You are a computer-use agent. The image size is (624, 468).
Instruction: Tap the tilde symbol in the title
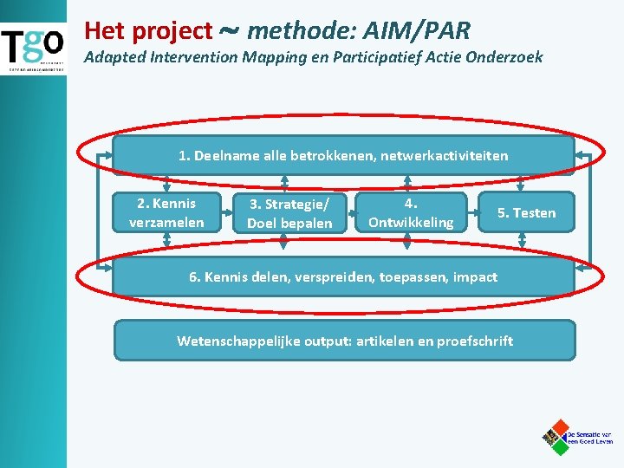click(x=230, y=31)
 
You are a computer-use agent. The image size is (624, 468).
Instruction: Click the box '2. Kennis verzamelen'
click(x=166, y=212)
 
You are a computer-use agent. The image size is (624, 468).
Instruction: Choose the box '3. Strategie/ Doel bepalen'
click(x=289, y=213)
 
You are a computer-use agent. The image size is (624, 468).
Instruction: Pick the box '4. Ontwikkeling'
click(x=411, y=212)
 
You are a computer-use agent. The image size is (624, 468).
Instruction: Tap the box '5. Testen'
click(x=526, y=213)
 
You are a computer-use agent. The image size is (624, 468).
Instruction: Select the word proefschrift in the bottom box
click(x=474, y=341)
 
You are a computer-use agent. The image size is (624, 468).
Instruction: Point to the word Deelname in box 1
click(x=223, y=156)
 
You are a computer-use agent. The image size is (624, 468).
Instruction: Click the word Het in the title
click(x=103, y=32)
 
